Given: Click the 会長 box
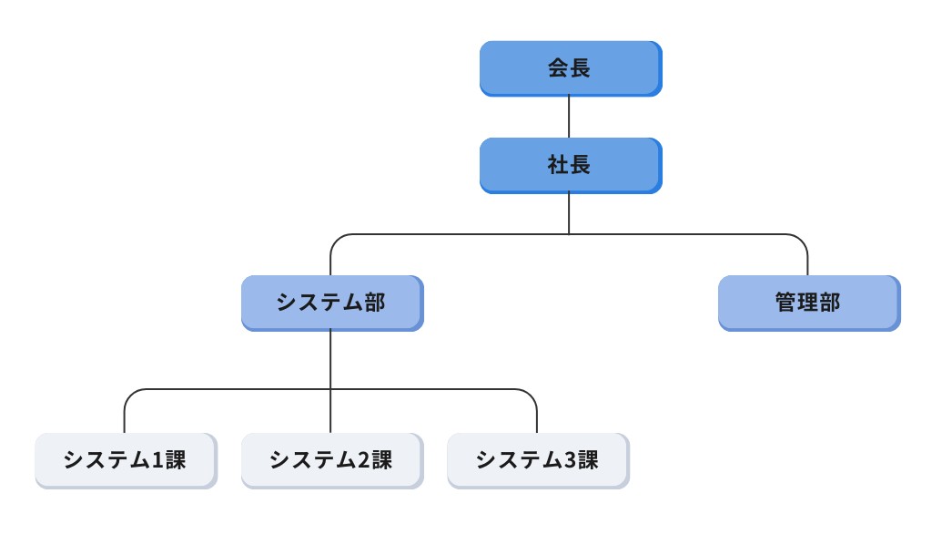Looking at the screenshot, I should pos(570,68).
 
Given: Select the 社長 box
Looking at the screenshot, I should pos(570,165).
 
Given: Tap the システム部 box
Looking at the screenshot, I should pos(331,303).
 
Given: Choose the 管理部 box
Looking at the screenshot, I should pos(808,303).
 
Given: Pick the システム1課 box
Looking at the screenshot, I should pos(125,460).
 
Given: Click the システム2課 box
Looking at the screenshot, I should pos(331,460).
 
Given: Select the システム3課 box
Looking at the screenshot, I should pos(537,460).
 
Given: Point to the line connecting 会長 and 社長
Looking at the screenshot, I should pos(570,117).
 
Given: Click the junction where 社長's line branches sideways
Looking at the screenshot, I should pos(570,234).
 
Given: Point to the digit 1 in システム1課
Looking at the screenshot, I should pos(157,460).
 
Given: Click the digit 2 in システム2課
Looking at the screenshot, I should pos(362,460).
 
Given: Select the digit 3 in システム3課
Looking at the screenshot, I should pos(569,460).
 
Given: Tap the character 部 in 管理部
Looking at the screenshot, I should pos(829,303).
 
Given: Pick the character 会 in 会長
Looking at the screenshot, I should pos(558,68).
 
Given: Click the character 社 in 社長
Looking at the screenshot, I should pos(558,165).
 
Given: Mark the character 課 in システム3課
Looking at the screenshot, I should pos(587,460).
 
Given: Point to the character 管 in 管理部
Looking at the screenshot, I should pos(786,303).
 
